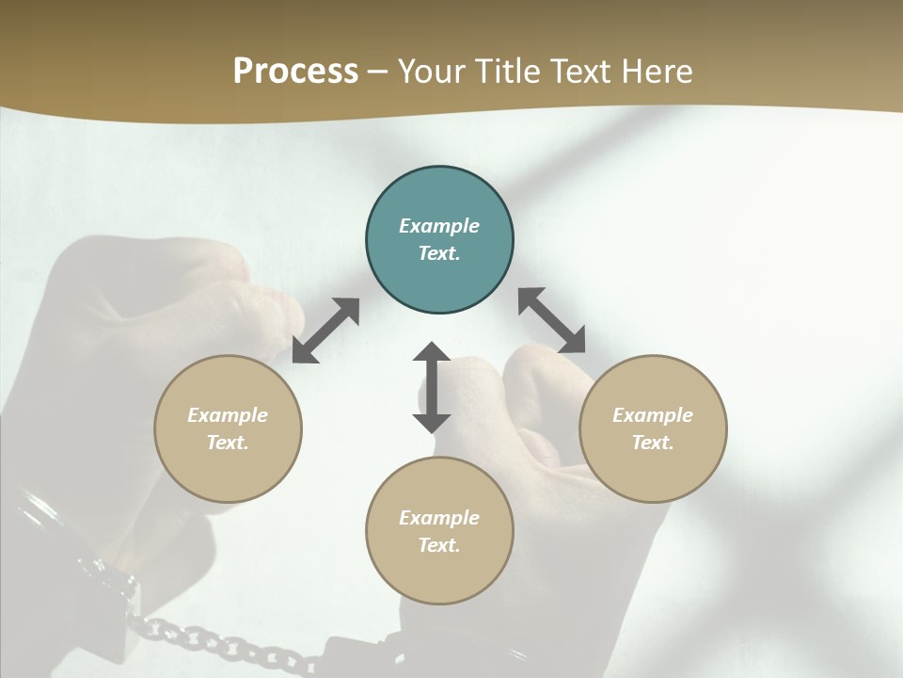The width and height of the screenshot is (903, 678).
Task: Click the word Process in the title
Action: (295, 72)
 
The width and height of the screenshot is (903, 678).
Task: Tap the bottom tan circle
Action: (439, 574)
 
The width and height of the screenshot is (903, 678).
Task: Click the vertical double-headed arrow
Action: (432, 387)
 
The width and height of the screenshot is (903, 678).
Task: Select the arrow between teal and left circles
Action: (325, 331)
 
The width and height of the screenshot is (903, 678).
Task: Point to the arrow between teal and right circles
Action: (552, 320)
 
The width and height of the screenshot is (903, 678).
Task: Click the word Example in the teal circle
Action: (439, 226)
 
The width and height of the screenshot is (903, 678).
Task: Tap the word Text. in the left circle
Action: (228, 443)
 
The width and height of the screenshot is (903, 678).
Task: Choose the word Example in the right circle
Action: (653, 415)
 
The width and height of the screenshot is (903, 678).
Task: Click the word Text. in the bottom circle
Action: (439, 545)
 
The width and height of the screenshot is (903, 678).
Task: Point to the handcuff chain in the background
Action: (216, 640)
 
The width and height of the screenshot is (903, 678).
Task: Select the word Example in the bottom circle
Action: (439, 518)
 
